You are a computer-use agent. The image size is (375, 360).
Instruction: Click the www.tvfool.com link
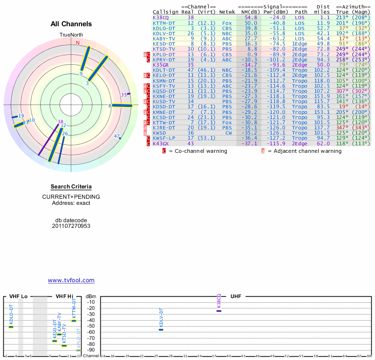(x=71, y=280)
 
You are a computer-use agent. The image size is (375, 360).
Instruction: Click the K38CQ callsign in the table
(x=160, y=17)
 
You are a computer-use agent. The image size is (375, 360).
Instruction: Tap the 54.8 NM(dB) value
(x=251, y=17)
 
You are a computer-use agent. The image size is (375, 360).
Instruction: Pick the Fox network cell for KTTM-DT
(x=227, y=22)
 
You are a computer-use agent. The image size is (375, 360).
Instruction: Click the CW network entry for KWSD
(x=228, y=133)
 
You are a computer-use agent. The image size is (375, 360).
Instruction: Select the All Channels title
(x=71, y=24)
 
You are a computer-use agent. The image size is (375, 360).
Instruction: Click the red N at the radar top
(x=78, y=42)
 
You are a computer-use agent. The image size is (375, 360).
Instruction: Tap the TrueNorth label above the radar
(x=71, y=35)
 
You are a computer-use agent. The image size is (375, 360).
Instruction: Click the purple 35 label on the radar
(x=124, y=94)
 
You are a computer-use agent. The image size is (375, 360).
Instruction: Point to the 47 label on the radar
(x=117, y=136)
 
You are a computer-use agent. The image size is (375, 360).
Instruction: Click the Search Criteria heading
(x=71, y=187)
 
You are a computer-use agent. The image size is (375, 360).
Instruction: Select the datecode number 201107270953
(x=71, y=226)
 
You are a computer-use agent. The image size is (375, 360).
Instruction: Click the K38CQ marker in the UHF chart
(x=219, y=311)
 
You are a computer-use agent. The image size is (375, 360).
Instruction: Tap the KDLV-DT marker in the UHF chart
(x=161, y=330)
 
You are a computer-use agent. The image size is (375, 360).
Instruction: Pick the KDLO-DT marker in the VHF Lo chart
(x=11, y=327)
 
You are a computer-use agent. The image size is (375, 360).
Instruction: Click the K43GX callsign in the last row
(x=160, y=143)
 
